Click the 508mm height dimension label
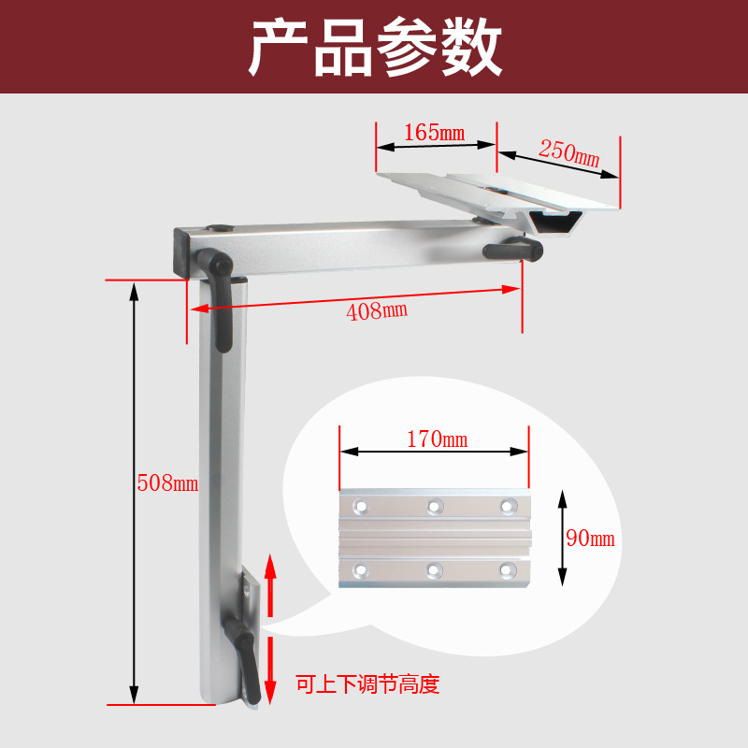[x=167, y=482]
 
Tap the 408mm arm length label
[x=377, y=311]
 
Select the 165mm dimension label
[x=435, y=133]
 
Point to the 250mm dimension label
[x=568, y=153]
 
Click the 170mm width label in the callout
[x=438, y=439]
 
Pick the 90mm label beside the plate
[x=591, y=539]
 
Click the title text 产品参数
[x=375, y=47]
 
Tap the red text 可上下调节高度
[x=367, y=684]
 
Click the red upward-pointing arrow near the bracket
[x=270, y=585]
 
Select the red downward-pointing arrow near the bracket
[x=270, y=670]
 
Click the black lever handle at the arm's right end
[x=512, y=249]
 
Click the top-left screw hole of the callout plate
[x=361, y=505]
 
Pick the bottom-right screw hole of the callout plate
[x=508, y=570]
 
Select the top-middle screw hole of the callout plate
[x=435, y=506]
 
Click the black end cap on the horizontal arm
[x=182, y=252]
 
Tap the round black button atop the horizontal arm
[x=221, y=228]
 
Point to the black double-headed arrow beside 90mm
[x=563, y=539]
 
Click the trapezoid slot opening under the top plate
[x=554, y=223]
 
